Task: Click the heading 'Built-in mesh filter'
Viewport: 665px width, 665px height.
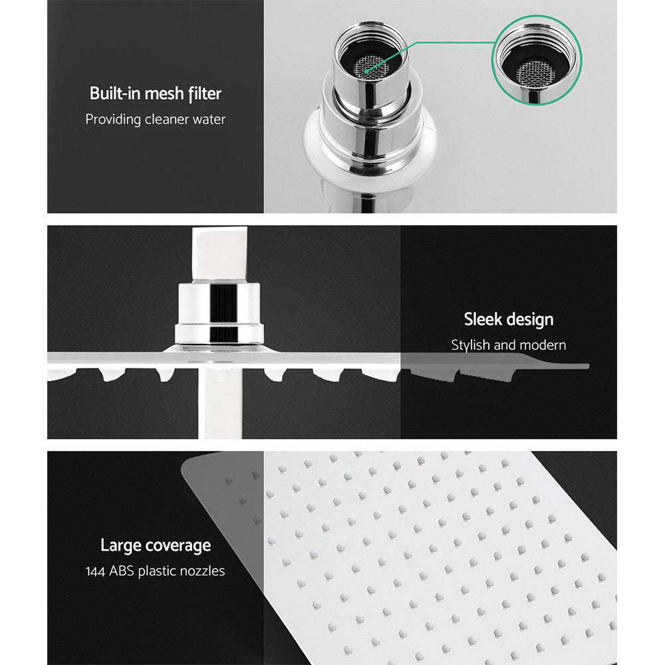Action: point(155,93)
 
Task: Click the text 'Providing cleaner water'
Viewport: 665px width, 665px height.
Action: point(155,120)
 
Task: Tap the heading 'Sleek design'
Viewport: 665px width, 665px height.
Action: point(508,319)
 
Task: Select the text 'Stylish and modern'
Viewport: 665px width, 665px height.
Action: point(508,345)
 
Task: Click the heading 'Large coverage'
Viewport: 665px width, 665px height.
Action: point(155,546)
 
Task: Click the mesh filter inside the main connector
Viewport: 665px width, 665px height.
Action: point(366,65)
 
